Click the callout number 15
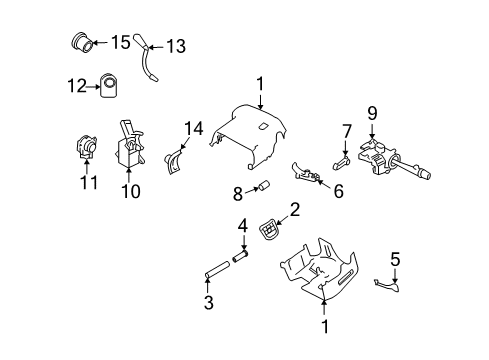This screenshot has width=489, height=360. (120, 42)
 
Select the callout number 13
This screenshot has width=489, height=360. (176, 46)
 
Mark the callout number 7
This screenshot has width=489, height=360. (347, 131)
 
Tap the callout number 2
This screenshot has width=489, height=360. (294, 209)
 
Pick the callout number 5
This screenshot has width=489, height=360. (394, 261)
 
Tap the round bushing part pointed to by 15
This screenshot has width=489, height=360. (83, 44)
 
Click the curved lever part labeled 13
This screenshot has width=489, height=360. (151, 60)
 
